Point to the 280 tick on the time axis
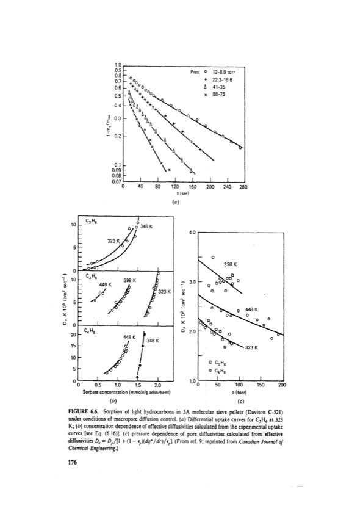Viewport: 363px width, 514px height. coord(242,187)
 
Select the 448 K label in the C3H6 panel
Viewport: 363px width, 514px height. coord(105,284)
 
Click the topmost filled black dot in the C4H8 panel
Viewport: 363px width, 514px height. coord(144,333)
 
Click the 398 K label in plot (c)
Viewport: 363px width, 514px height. coord(230,264)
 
